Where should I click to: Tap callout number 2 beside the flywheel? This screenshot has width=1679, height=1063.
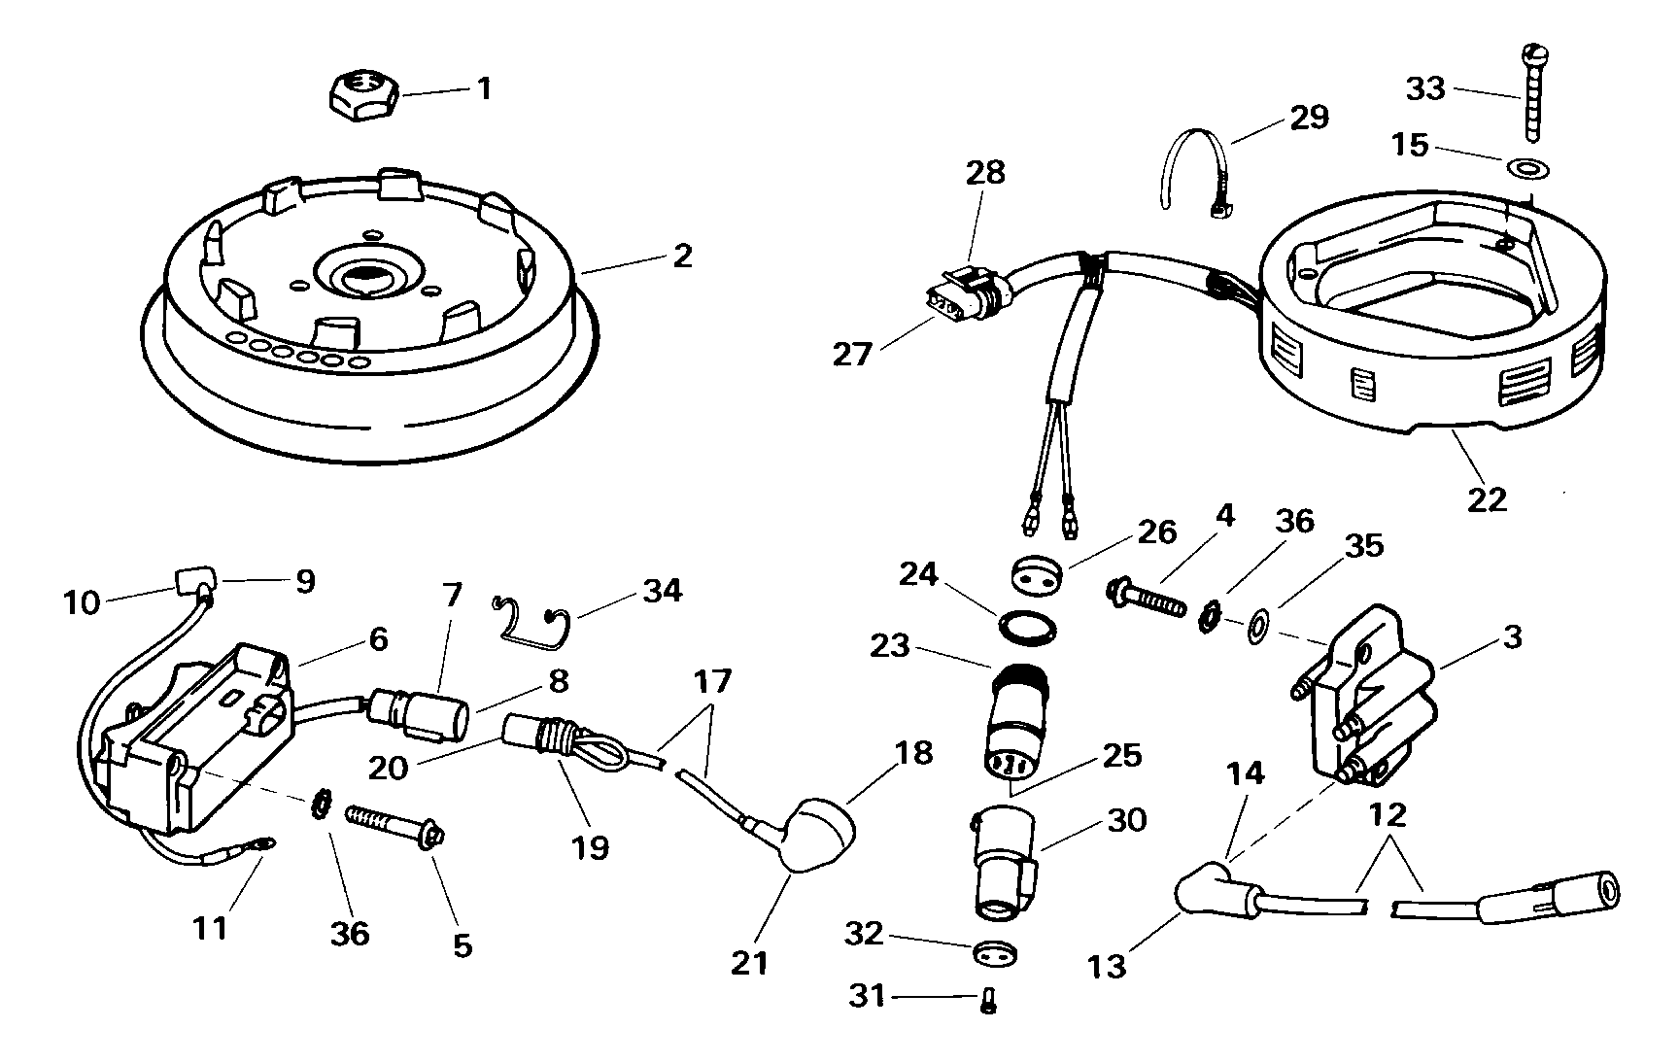pos(683,256)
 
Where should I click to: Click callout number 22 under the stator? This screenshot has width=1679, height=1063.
pos(1487,498)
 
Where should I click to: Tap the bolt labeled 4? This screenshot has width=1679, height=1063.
pos(1148,597)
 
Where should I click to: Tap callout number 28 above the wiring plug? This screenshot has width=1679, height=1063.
pos(984,173)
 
